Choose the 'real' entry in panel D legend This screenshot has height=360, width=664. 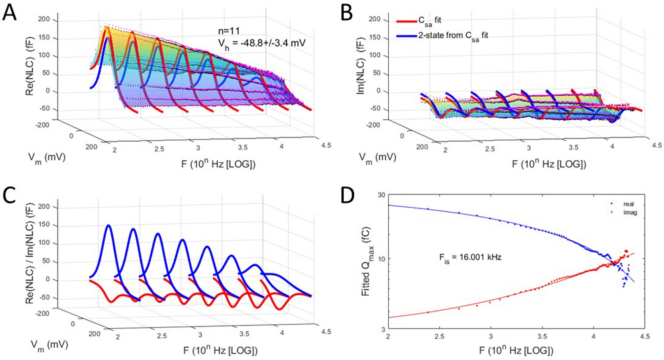click(x=629, y=204)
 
